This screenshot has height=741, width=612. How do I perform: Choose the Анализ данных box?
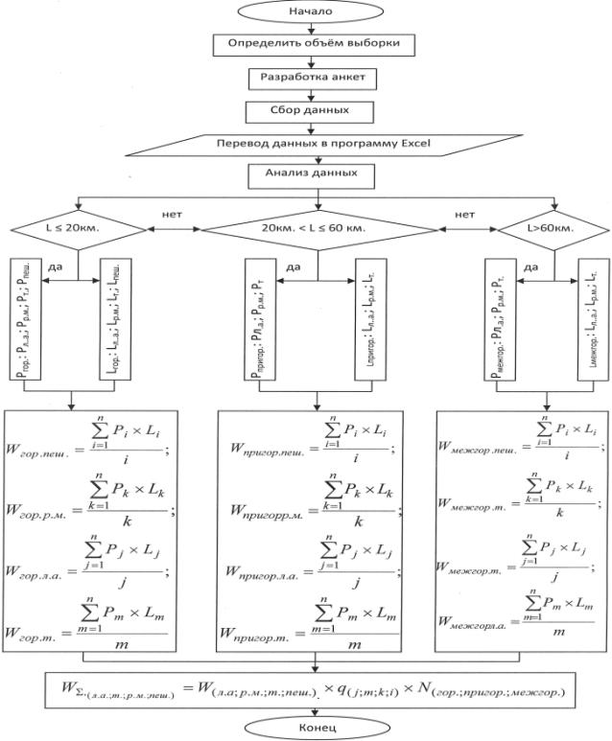tap(305, 175)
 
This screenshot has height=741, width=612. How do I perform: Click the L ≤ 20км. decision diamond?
tap(76, 230)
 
